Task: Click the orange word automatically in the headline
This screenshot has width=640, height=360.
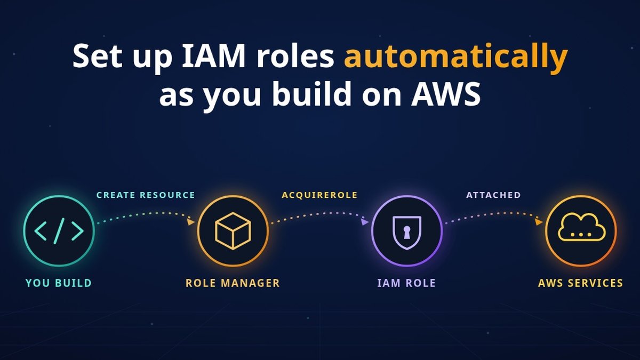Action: pyautogui.click(x=455, y=57)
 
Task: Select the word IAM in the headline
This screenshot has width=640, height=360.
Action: pyautogui.click(x=213, y=55)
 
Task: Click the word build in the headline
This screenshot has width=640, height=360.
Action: pyautogui.click(x=311, y=93)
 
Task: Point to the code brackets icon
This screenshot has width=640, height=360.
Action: pyautogui.click(x=59, y=231)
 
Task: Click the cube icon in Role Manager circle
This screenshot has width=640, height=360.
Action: pyautogui.click(x=233, y=231)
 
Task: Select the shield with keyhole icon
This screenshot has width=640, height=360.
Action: pyautogui.click(x=407, y=233)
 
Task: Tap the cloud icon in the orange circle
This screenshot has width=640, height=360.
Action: pyautogui.click(x=582, y=227)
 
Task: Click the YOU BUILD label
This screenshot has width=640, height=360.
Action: pyautogui.click(x=59, y=283)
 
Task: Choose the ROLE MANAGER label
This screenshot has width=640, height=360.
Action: pyautogui.click(x=233, y=283)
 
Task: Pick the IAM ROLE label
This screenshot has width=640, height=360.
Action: pyautogui.click(x=406, y=283)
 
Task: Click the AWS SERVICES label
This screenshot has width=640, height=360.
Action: pyautogui.click(x=580, y=283)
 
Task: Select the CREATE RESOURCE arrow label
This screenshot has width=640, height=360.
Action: pyautogui.click(x=146, y=195)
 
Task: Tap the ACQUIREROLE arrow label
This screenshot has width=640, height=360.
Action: pyautogui.click(x=319, y=195)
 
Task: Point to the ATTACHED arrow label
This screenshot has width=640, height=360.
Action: pyautogui.click(x=493, y=195)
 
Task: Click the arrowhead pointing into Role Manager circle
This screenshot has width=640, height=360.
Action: pyautogui.click(x=191, y=221)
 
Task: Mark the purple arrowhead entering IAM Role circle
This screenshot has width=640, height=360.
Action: pyautogui.click(x=365, y=221)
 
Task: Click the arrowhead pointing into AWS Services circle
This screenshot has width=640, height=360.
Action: pyautogui.click(x=539, y=221)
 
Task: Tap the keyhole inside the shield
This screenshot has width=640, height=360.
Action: pyautogui.click(x=407, y=232)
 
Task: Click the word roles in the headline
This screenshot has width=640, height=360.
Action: pyautogui.click(x=295, y=55)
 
